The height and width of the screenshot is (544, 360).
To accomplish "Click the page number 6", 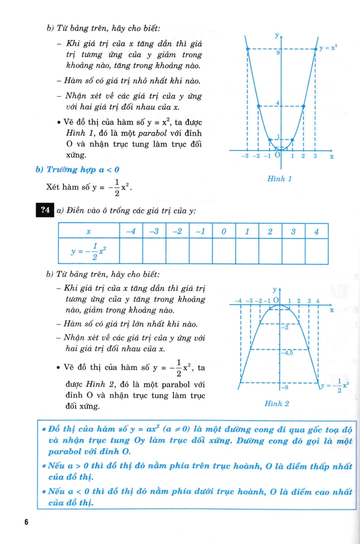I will click(x=26, y=522).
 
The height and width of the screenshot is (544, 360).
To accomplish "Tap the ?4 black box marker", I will click(x=44, y=209).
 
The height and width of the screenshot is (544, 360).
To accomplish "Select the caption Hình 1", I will click(x=280, y=179).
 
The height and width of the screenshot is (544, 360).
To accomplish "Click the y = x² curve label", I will click(x=329, y=47).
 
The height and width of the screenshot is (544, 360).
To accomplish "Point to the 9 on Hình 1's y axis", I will click(x=277, y=53).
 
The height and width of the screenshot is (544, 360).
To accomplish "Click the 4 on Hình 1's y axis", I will click(x=277, y=103).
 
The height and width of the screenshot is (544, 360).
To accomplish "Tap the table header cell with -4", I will click(x=131, y=231).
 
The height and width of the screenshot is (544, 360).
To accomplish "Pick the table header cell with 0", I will click(x=224, y=231).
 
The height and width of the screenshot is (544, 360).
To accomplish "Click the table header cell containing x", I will click(x=89, y=231).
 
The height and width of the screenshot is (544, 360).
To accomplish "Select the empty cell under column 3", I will click(x=293, y=251).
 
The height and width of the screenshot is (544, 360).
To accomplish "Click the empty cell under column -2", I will click(x=177, y=251).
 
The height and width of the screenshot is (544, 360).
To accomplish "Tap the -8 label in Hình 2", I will click(x=285, y=388).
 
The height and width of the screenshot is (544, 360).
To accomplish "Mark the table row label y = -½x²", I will click(x=89, y=251).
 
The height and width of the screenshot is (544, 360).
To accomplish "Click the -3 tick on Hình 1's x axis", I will click(x=245, y=156).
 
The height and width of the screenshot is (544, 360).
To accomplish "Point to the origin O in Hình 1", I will click(x=277, y=155).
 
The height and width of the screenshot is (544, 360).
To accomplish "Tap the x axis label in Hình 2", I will click(x=331, y=311).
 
